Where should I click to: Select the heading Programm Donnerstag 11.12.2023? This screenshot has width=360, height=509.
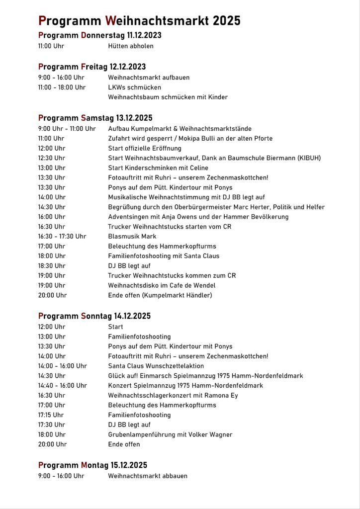[99, 35]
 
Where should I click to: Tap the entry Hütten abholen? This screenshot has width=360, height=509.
[131, 46]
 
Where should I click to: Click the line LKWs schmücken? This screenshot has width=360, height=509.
[134, 87]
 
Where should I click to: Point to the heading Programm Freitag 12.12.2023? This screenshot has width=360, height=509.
[92, 67]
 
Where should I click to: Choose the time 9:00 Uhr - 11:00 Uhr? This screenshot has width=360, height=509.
[67, 129]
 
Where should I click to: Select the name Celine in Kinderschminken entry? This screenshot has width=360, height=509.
[198, 168]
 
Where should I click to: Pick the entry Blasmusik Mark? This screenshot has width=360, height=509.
[132, 236]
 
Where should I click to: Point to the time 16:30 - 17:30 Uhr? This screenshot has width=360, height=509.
[62, 236]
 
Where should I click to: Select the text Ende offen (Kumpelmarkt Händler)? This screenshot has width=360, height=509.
[160, 295]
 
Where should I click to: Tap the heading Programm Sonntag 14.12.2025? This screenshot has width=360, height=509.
[94, 316]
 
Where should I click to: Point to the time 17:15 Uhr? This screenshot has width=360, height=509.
[51, 415]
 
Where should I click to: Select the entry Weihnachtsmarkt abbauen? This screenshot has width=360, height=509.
[148, 476]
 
